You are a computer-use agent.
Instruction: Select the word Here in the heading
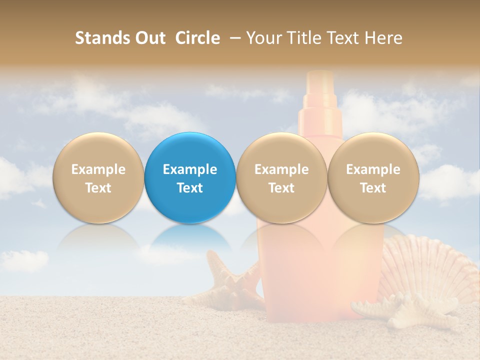pyautogui.click(x=384, y=38)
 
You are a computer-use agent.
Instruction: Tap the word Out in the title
pyautogui.click(x=148, y=38)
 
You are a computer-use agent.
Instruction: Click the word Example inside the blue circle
pyautogui.click(x=190, y=169)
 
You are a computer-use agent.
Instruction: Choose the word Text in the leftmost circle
pyautogui.click(x=98, y=188)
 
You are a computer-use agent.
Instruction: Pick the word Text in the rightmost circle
pyautogui.click(x=373, y=188)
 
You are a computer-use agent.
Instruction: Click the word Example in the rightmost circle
pyautogui.click(x=373, y=169)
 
